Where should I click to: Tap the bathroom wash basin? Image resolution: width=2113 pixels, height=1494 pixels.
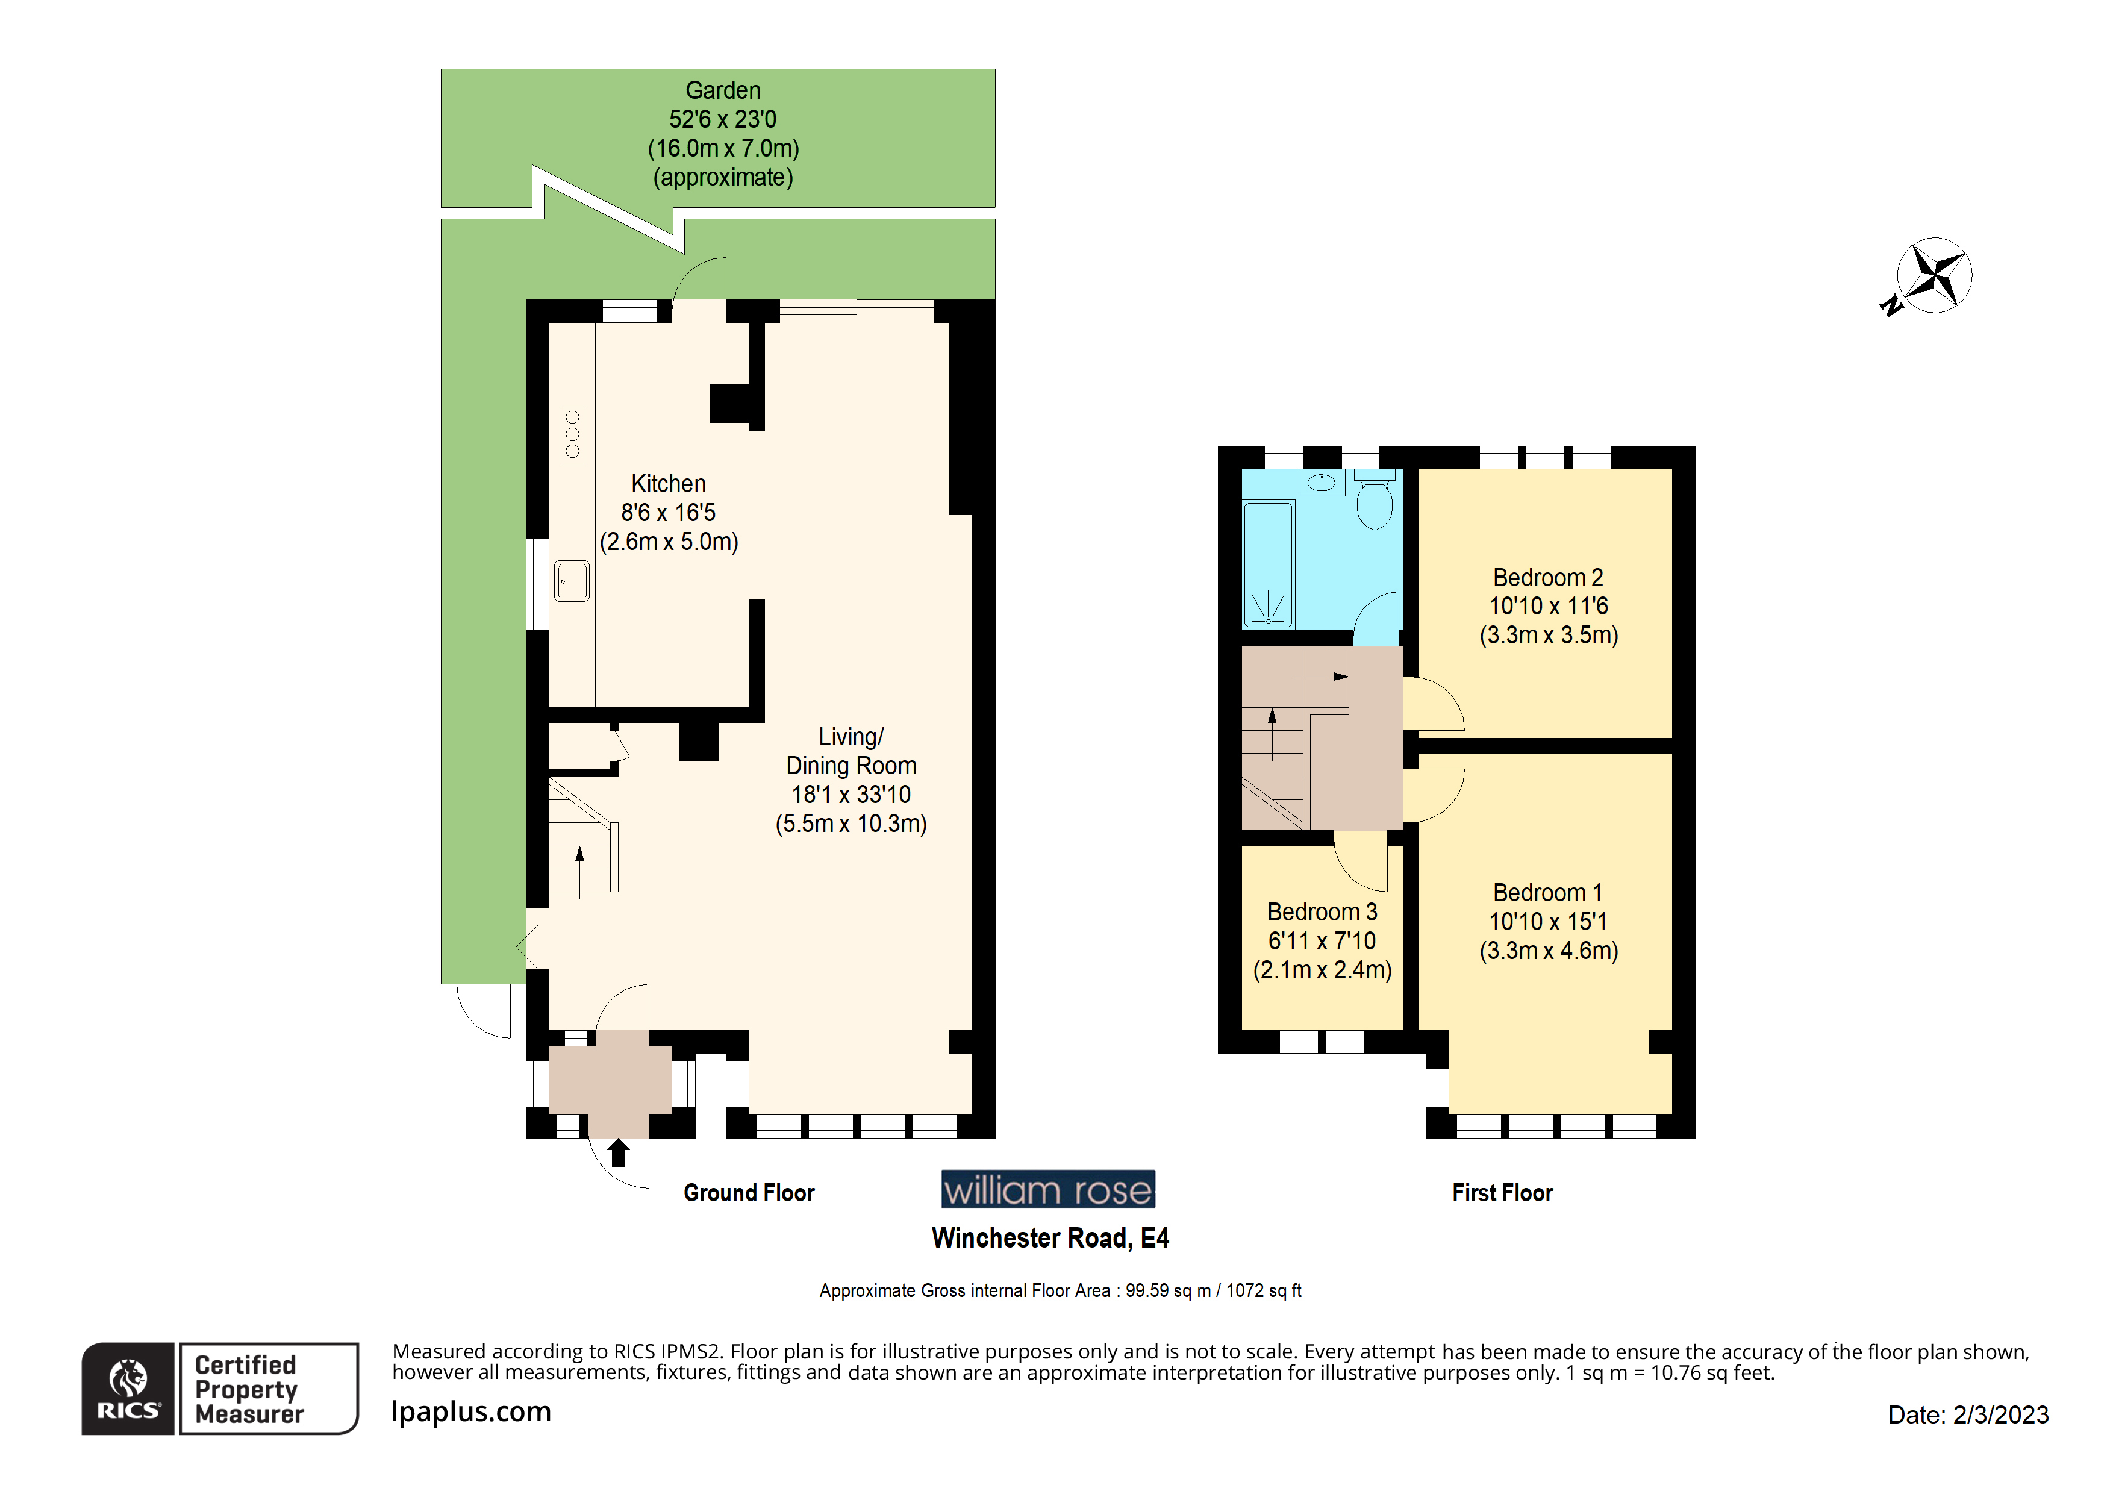[1322, 483]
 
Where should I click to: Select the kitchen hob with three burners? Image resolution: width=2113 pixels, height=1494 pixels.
[572, 434]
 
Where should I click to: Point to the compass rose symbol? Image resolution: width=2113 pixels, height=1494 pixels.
[1934, 275]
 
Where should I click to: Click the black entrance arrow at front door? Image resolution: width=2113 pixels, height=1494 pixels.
[619, 1152]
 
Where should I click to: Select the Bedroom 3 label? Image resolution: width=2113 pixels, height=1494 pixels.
[1322, 912]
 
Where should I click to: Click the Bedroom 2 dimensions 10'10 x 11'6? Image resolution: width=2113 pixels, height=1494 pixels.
[1548, 607]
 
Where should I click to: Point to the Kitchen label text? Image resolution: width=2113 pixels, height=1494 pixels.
[668, 484]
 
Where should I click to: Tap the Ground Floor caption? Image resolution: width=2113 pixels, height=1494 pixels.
[748, 1193]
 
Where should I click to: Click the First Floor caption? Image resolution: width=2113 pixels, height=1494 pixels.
[1502, 1193]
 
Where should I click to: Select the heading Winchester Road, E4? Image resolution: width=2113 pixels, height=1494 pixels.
[1049, 1238]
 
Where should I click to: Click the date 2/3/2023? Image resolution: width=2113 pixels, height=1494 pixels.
[2001, 1415]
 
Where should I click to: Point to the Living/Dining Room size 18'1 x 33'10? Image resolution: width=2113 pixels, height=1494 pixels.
[851, 795]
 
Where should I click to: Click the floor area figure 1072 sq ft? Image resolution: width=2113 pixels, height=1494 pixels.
[1264, 1290]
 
